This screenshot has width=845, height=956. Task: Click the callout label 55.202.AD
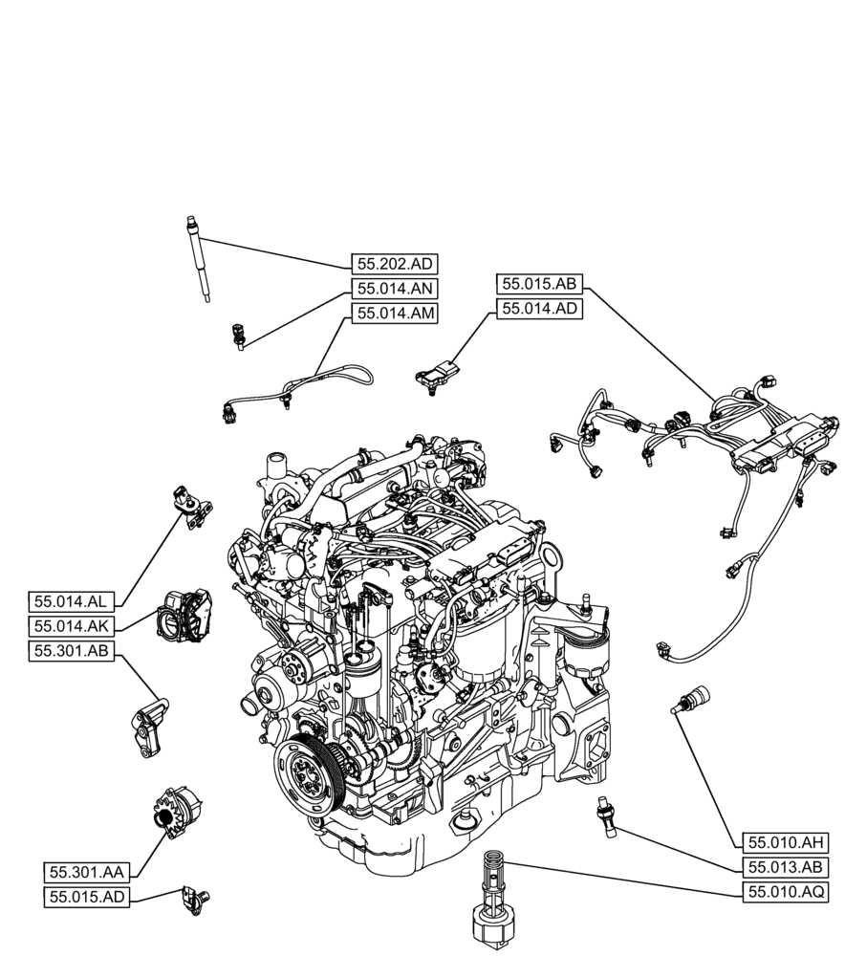click(394, 265)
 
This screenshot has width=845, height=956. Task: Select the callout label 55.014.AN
click(394, 289)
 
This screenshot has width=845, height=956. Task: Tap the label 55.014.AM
click(394, 313)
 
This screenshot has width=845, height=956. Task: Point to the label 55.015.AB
click(540, 284)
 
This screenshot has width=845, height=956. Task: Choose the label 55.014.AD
click(540, 308)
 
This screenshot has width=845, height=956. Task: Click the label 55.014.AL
click(73, 601)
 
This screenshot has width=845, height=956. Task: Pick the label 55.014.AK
click(73, 626)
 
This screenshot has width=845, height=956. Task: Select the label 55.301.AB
click(73, 651)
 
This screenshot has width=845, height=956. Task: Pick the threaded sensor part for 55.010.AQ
click(494, 899)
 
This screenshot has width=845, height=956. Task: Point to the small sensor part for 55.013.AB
click(605, 813)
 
